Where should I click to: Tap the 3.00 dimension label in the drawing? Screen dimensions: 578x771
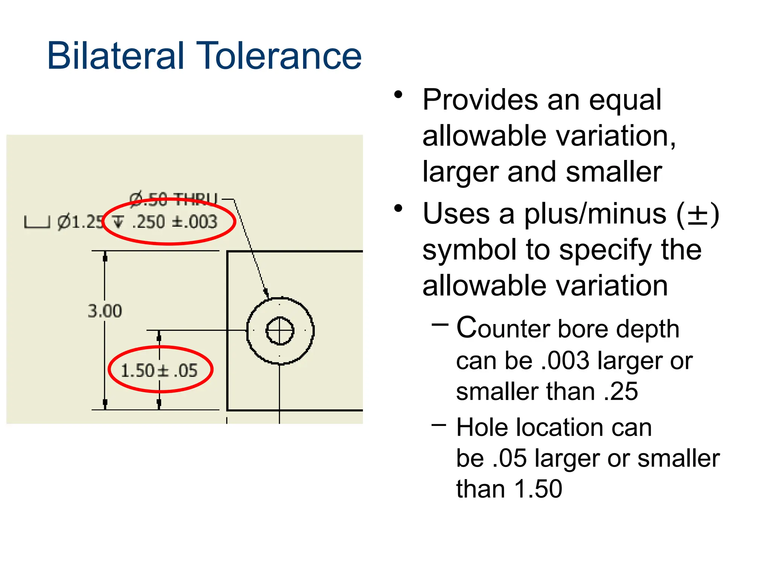click(105, 311)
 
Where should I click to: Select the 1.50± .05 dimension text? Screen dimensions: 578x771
click(159, 371)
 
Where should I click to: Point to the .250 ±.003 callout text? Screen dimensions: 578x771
click(175, 222)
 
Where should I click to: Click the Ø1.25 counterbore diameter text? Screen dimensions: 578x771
click(80, 222)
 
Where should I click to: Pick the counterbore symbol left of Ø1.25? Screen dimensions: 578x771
click(37, 222)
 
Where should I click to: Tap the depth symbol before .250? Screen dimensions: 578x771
click(118, 222)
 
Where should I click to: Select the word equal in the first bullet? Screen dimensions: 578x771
click(625, 100)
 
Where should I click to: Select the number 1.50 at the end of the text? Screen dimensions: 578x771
click(538, 489)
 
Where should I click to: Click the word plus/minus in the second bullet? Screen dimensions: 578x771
click(595, 214)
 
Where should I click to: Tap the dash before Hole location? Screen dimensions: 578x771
click(439, 425)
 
